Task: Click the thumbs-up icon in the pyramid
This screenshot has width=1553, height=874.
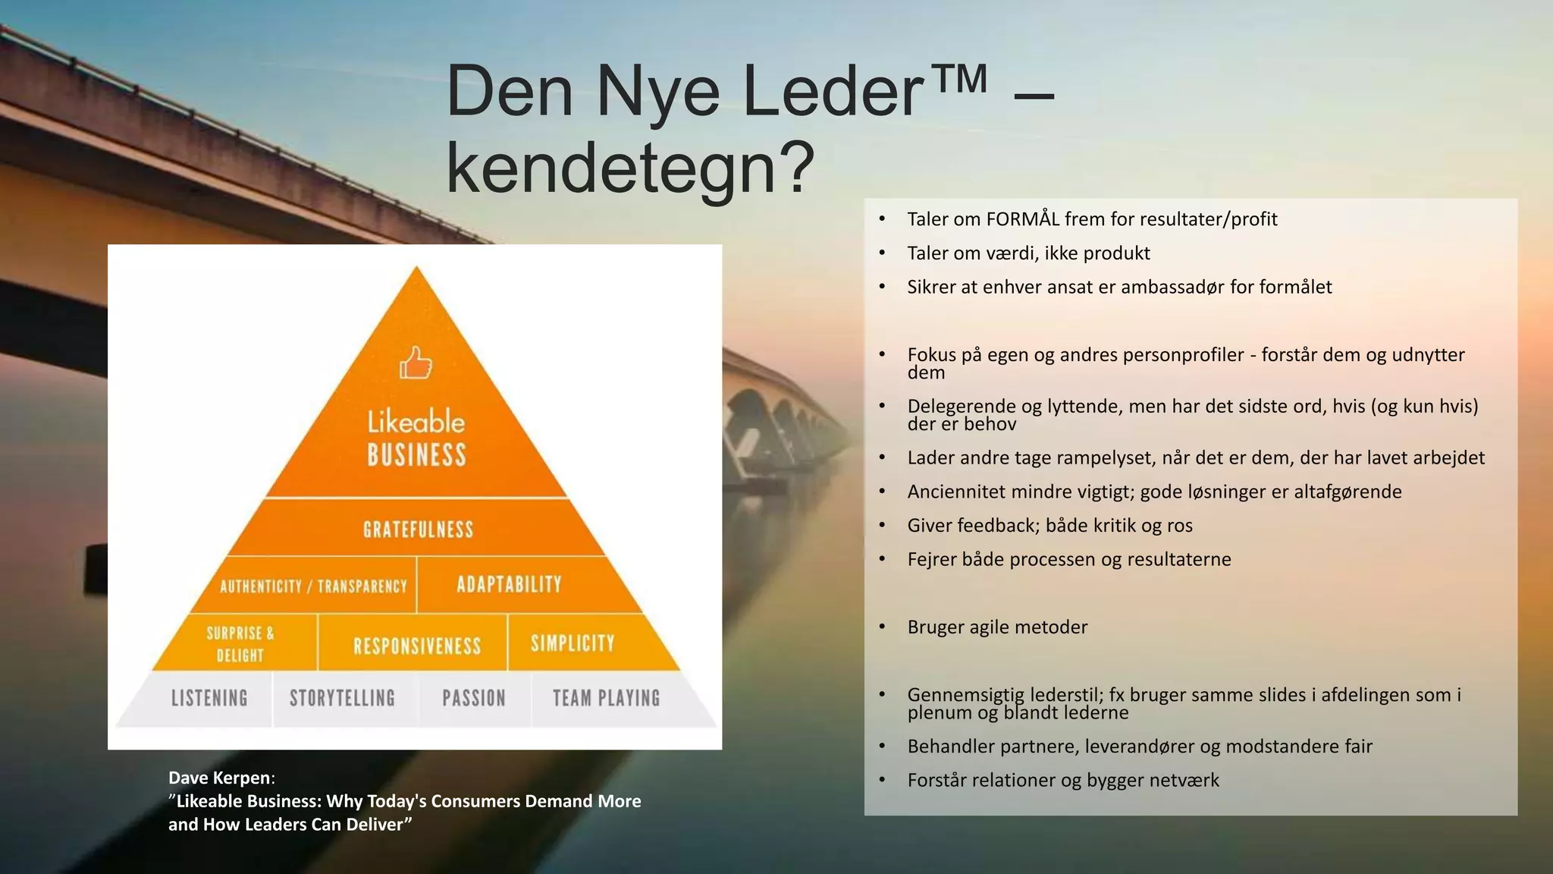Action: click(416, 363)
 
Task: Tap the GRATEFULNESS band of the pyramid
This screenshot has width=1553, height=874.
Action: click(418, 529)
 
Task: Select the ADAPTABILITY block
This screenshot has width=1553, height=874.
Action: click(509, 584)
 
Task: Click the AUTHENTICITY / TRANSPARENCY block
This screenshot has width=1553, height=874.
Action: click(313, 586)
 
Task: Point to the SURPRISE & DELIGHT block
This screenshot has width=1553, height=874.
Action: click(240, 643)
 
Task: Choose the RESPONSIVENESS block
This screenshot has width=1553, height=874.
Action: click(417, 646)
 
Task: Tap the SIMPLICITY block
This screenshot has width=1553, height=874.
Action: click(573, 643)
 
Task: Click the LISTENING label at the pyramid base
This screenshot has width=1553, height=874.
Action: click(209, 698)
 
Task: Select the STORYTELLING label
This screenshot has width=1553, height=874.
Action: click(342, 698)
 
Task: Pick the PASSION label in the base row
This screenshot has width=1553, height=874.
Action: click(474, 698)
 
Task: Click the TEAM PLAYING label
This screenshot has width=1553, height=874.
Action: click(606, 698)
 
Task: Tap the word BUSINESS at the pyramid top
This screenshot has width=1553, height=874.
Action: click(417, 455)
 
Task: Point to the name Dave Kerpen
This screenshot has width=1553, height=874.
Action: click(219, 778)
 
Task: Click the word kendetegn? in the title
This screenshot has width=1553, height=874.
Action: click(629, 168)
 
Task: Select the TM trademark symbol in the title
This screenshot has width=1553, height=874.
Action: click(958, 80)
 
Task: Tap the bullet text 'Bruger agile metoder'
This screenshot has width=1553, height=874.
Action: click(997, 627)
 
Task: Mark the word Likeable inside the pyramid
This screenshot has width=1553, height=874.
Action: click(416, 421)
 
